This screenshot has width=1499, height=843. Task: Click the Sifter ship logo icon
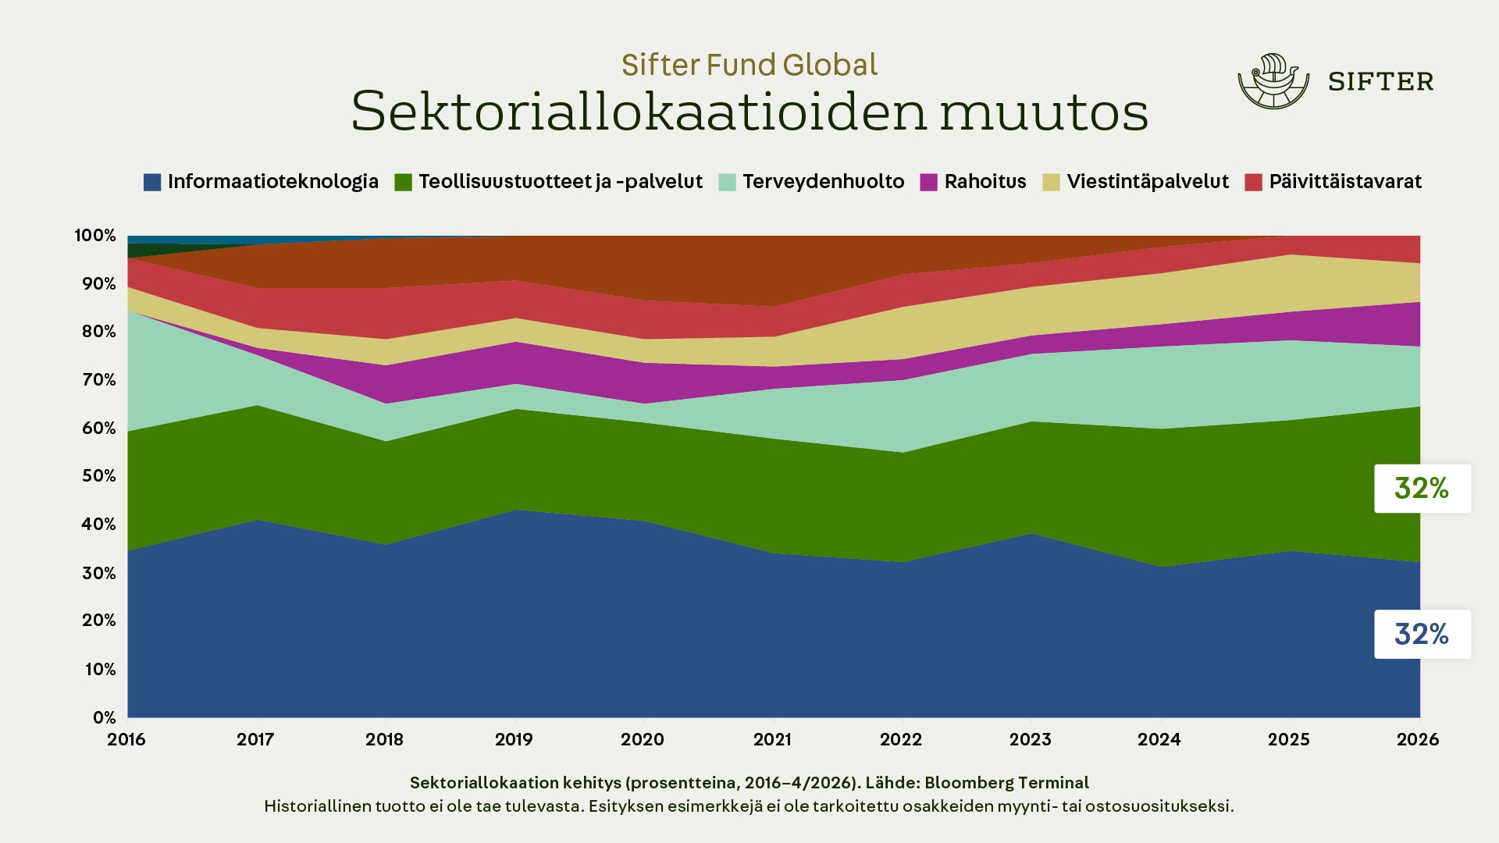point(1273,81)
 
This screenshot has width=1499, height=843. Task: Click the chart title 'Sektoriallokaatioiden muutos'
point(749,112)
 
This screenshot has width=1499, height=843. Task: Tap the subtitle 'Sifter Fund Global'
point(749,65)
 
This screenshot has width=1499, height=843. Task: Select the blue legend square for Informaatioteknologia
point(152,183)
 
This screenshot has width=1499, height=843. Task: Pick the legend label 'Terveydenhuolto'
point(823,182)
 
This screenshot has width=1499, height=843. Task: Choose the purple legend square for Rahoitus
point(928,183)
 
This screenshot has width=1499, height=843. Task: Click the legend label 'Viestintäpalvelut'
point(1148,182)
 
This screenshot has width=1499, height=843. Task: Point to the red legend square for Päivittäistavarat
point(1253,183)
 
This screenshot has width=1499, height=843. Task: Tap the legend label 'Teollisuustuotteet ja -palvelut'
point(560,182)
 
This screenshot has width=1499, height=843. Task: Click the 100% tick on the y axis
point(95,236)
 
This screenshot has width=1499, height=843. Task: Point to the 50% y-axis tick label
point(98,476)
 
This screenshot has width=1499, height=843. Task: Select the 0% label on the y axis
point(104,717)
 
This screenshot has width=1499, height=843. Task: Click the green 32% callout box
point(1422,489)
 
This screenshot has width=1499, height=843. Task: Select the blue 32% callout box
point(1422,634)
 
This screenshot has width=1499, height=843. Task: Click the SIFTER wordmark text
point(1380,82)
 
